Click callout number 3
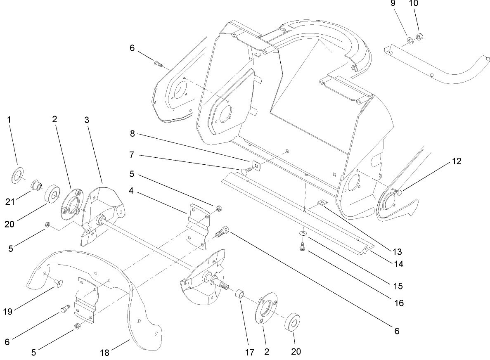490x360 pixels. (87, 120)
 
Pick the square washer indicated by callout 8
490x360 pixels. (256, 166)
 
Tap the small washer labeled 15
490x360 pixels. (303, 234)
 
